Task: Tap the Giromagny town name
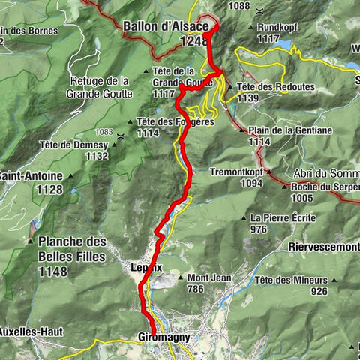pyautogui.click(x=163, y=337)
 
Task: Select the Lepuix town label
pyautogui.click(x=146, y=266)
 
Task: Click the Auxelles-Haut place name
pyautogui.click(x=30, y=331)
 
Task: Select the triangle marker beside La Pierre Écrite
pyautogui.click(x=244, y=218)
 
